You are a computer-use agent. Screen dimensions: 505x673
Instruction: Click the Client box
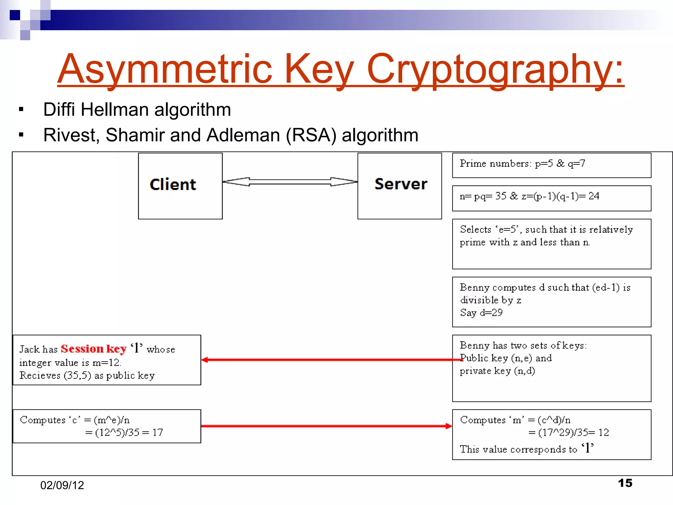click(180, 186)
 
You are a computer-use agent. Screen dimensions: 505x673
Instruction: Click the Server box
click(400, 186)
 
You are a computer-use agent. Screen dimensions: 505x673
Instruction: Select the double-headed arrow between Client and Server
click(290, 182)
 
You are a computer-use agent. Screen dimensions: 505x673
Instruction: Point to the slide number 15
click(625, 483)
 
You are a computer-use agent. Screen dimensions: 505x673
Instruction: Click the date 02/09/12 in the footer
click(62, 485)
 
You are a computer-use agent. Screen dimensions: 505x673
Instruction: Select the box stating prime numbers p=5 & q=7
click(551, 165)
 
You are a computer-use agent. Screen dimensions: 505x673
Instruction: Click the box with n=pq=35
click(551, 198)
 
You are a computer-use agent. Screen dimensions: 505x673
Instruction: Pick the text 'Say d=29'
click(481, 313)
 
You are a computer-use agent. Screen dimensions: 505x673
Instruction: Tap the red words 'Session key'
click(94, 349)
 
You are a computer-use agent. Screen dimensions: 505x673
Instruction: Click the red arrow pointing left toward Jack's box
click(329, 360)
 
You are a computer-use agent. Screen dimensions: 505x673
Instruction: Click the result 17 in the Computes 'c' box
click(157, 432)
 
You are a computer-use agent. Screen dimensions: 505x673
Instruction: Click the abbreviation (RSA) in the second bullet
click(311, 135)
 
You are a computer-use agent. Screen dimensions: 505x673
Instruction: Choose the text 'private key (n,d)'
click(497, 371)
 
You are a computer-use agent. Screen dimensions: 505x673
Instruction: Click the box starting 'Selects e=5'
click(551, 244)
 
